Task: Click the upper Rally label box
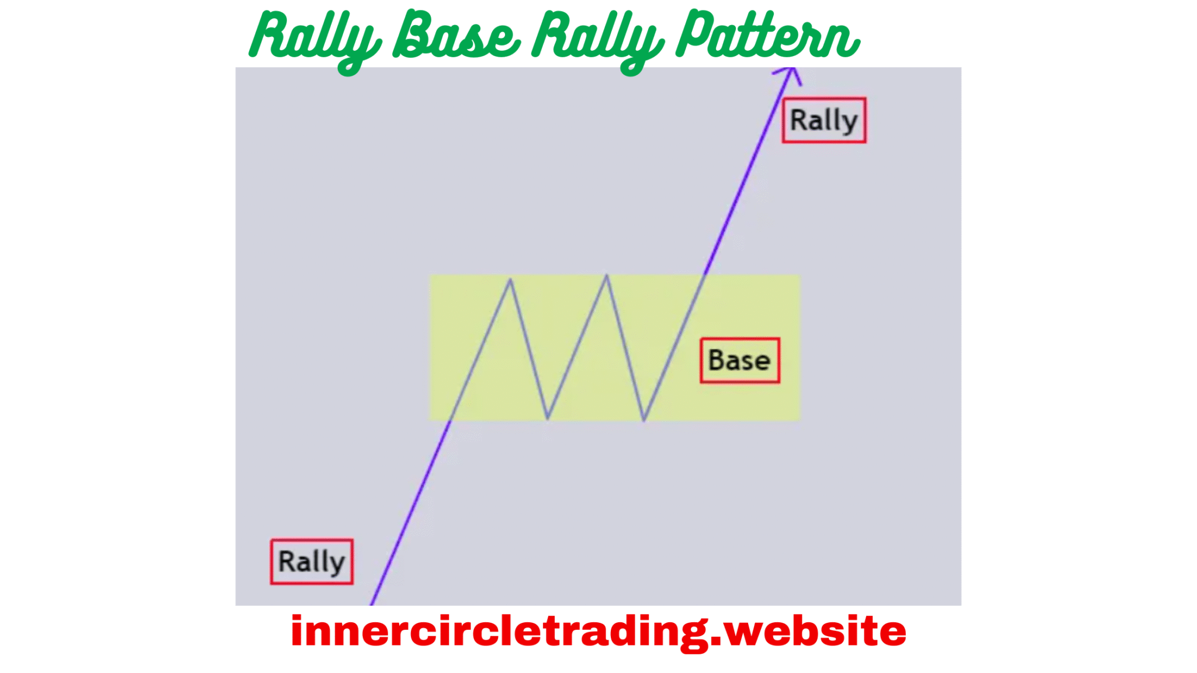[x=824, y=120]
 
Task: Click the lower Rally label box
[x=312, y=561]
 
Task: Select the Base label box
[x=739, y=360]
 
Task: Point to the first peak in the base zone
[x=510, y=280]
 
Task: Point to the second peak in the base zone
[x=607, y=276]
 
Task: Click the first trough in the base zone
[x=548, y=418]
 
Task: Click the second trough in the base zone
[x=644, y=419]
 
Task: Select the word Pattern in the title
[x=767, y=36]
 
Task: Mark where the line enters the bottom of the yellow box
[x=451, y=419]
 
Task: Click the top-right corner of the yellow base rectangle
[x=800, y=276]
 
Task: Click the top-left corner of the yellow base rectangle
[x=431, y=276]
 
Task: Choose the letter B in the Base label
[x=716, y=360]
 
